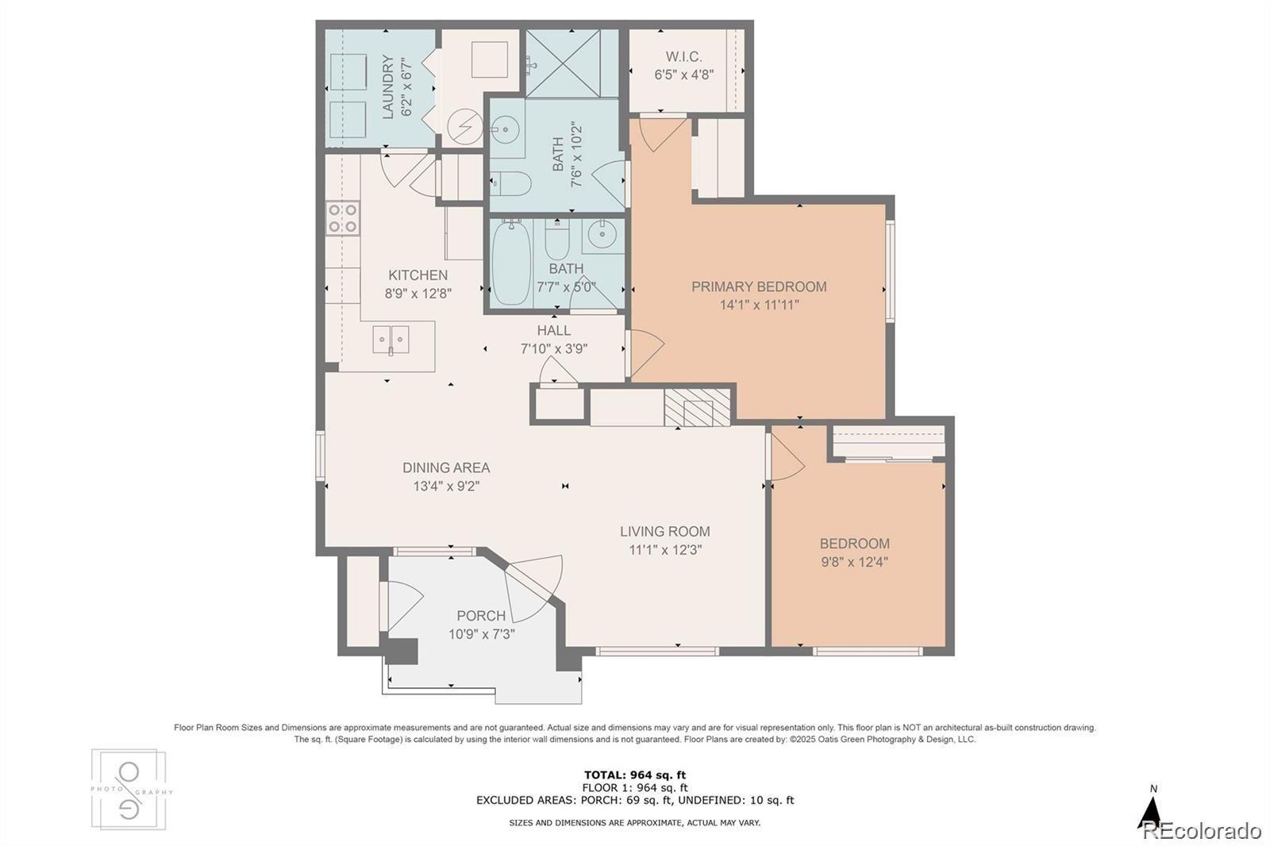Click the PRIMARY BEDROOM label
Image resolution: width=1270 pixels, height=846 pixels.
759,287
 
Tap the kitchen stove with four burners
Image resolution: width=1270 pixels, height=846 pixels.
342,218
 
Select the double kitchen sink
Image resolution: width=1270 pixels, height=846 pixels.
391,340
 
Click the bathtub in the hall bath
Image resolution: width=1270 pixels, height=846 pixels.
511,263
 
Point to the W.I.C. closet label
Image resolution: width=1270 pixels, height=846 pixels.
683,56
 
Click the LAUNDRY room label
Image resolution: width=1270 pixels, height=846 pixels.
388,87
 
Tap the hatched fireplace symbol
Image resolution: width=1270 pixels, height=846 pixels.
698,407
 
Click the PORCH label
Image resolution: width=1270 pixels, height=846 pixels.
481,616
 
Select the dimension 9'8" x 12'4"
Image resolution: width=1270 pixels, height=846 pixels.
854,562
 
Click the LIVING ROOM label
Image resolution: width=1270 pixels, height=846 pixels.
665,531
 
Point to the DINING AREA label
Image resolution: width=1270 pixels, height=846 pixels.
446,467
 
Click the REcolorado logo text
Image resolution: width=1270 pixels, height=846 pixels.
1200,831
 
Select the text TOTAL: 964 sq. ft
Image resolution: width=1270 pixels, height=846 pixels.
635,775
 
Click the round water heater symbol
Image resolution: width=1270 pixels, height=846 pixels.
465,128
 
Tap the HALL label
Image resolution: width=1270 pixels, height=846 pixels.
554,331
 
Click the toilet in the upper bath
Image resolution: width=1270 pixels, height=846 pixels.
510,183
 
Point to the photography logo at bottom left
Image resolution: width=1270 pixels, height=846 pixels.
129,790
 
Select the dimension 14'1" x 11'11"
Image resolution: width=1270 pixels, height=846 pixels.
759,305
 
